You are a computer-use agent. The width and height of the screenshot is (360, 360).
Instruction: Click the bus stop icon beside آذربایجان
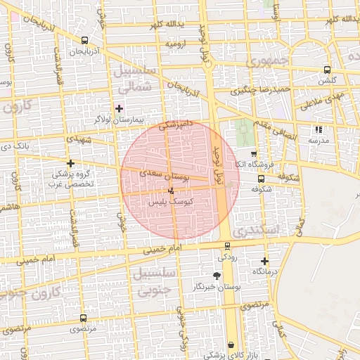click(x=85, y=41)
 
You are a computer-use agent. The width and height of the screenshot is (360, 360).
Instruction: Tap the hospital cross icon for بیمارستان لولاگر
click(x=119, y=108)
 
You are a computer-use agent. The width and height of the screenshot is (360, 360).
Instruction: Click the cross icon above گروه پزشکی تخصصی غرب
click(x=71, y=163)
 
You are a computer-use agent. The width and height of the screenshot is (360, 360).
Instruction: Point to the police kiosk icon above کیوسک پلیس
click(x=171, y=190)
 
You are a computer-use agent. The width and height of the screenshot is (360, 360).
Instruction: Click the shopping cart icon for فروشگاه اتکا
click(x=254, y=153)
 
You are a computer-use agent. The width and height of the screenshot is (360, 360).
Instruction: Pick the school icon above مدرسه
click(x=319, y=130)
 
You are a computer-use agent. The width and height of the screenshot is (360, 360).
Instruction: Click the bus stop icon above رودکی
click(x=226, y=247)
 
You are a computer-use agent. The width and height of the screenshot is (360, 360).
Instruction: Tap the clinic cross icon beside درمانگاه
click(x=264, y=261)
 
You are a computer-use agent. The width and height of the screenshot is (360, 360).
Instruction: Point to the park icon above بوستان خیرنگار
click(x=217, y=276)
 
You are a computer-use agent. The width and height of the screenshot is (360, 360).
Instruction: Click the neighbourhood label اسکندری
click(x=255, y=231)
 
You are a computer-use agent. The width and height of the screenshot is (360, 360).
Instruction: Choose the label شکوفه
click(x=262, y=188)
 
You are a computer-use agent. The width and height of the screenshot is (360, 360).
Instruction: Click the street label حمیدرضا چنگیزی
click(x=262, y=90)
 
